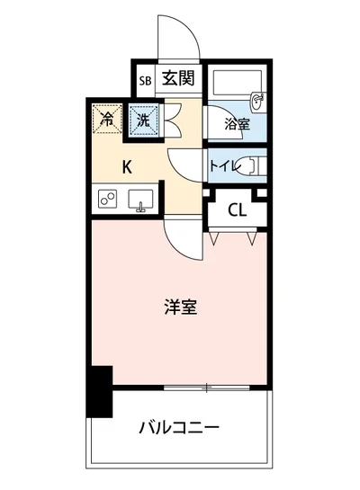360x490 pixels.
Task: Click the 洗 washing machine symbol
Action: tap(142, 118)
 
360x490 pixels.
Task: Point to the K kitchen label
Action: tap(128, 165)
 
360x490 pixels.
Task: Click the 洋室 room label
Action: tap(180, 306)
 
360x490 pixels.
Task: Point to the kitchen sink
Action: tap(142, 200)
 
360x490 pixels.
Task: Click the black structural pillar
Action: tap(99, 391)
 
